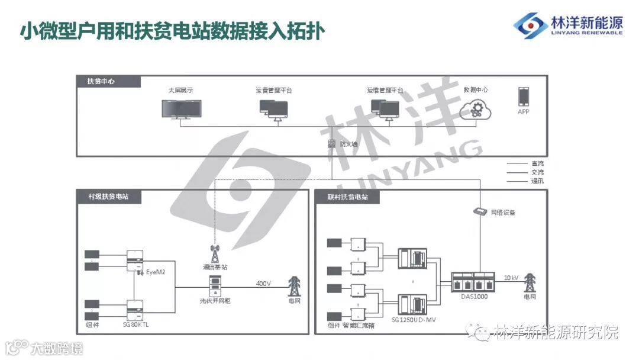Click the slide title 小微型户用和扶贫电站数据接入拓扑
pos(172,31)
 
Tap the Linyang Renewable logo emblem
pos(530,25)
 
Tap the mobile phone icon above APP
pos(523,97)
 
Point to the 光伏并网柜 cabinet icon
pos(214,287)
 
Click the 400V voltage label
pos(263,284)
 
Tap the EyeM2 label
pos(156,272)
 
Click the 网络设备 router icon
pos(480,211)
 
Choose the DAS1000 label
pos(473,296)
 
